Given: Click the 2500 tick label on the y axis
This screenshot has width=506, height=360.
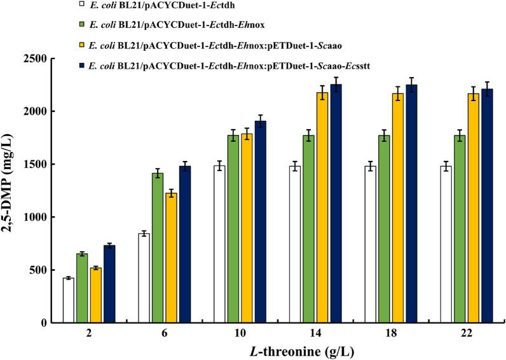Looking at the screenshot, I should point(38,59).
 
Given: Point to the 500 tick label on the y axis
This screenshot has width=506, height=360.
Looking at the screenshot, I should point(41,270).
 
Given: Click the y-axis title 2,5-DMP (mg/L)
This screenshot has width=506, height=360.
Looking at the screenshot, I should point(13,190).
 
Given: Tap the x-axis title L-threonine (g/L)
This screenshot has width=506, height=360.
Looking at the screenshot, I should point(271,350).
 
